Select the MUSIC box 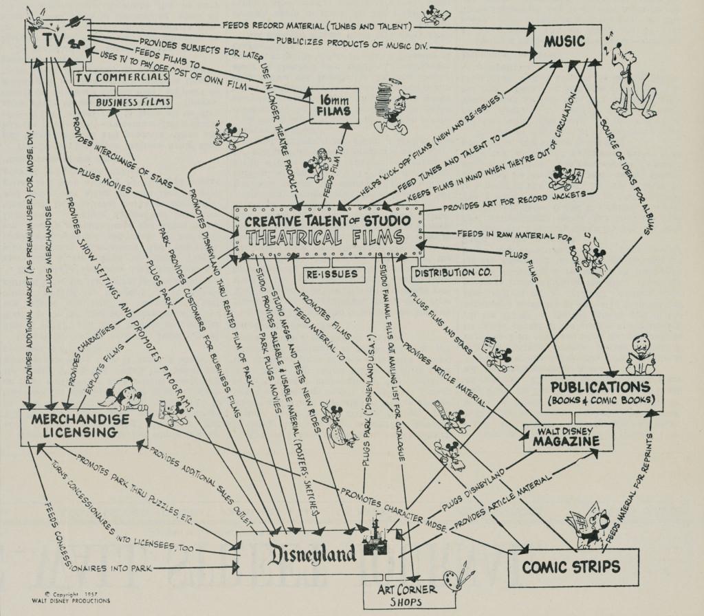pos(564,42)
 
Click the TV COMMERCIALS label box pos(120,78)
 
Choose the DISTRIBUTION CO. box pos(456,272)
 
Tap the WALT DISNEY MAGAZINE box pos(561,437)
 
